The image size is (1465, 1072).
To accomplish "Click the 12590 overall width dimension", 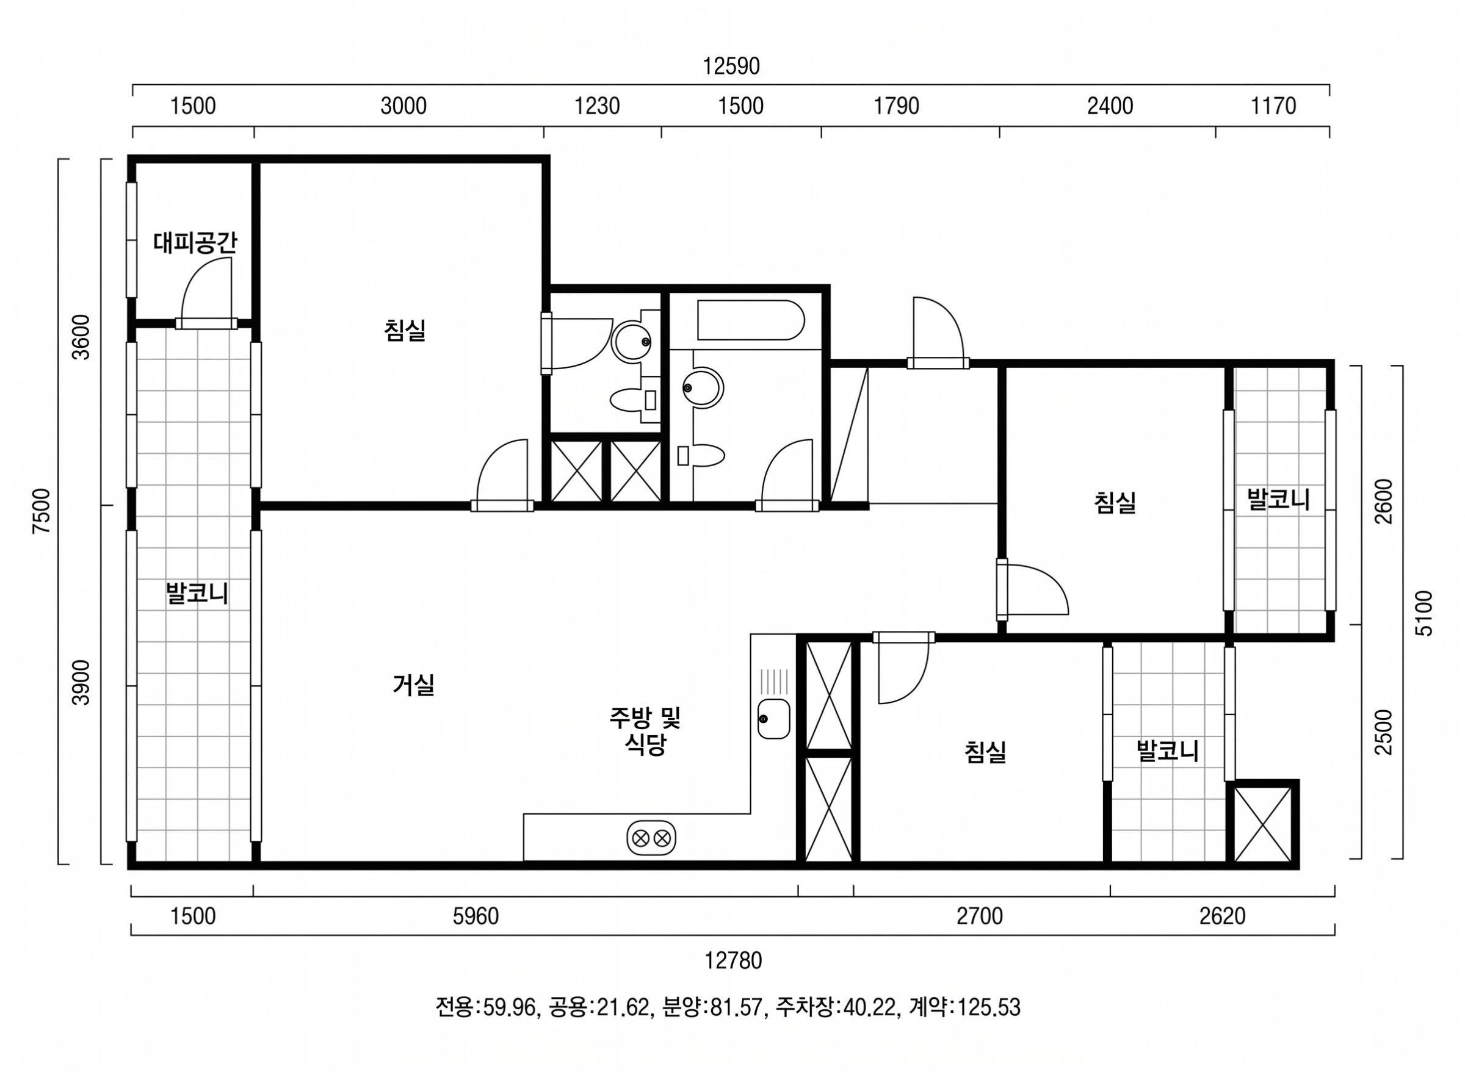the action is pos(731,66).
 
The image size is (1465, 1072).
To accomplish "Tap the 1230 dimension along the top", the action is pos(597,106).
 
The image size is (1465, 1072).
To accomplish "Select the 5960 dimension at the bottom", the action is pos(476,916).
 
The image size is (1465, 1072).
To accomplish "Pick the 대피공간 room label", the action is pos(195,243).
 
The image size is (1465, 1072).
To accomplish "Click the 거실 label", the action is pos(413,685).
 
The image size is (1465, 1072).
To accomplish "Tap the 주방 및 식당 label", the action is pos(645,731).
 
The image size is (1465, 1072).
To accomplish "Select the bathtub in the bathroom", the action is pos(750,319).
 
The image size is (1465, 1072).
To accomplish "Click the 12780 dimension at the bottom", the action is pos(734,960).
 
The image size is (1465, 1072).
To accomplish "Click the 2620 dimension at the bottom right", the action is pos(1222,916).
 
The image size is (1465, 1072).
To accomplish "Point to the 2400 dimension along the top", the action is pos(1110,106).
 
